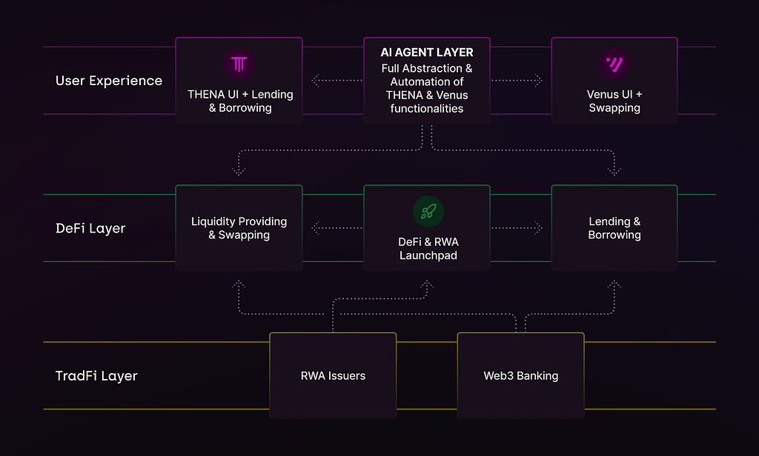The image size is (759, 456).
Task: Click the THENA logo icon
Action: [239, 64]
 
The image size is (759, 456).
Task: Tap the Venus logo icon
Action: [614, 64]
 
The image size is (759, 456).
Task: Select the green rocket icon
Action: [428, 211]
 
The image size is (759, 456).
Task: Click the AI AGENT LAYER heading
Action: [427, 53]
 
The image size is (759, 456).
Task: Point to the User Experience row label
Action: [109, 80]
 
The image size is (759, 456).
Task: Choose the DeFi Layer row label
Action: [90, 228]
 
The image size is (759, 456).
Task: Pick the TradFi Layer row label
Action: [96, 376]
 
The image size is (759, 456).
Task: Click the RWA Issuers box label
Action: [333, 376]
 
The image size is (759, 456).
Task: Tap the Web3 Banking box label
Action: [521, 376]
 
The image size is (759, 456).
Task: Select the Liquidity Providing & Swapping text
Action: [239, 228]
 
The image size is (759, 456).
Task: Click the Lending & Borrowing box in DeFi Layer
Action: [614, 228]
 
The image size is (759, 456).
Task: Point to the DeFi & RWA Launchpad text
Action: [428, 249]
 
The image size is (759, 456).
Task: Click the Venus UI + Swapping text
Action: [614, 101]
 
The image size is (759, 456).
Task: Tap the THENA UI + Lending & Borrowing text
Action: [240, 101]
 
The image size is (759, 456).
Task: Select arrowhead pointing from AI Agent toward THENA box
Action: [316, 80]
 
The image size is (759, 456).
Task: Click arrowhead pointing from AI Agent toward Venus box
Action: [538, 80]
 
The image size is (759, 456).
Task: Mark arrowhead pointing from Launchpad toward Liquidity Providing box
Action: [316, 228]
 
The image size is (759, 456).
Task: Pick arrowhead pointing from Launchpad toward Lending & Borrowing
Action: [538, 228]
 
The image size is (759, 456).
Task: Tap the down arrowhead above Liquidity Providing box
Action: [239, 171]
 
